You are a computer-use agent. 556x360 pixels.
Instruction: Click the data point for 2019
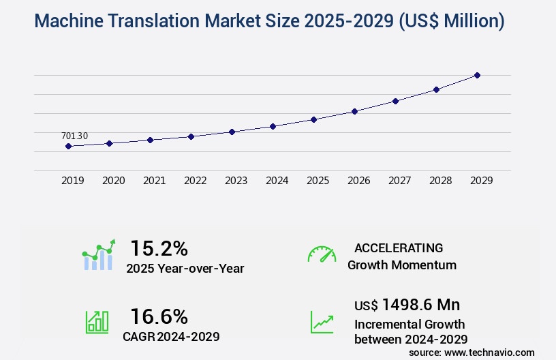68,146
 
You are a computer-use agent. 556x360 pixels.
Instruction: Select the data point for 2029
477,75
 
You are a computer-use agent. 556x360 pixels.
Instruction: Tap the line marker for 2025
313,119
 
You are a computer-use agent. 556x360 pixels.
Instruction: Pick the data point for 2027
395,101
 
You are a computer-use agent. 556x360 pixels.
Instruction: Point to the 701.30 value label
74,136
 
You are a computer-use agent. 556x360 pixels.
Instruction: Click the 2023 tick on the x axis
236,181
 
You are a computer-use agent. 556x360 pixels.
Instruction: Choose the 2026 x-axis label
358,181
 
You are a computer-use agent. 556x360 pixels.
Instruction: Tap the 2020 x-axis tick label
113,181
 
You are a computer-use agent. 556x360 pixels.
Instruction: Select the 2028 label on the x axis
440,181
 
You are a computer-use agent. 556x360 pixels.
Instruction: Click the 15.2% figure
159,247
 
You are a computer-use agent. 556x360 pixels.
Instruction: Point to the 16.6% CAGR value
159,316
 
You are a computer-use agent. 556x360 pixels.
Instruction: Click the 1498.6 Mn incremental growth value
420,305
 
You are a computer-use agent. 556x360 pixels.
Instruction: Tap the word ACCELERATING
399,248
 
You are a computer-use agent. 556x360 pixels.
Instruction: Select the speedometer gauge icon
322,254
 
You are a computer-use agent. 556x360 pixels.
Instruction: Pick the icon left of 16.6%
97,322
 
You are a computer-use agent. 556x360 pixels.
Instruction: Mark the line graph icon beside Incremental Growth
322,322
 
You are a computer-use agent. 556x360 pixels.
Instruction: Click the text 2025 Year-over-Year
185,269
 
